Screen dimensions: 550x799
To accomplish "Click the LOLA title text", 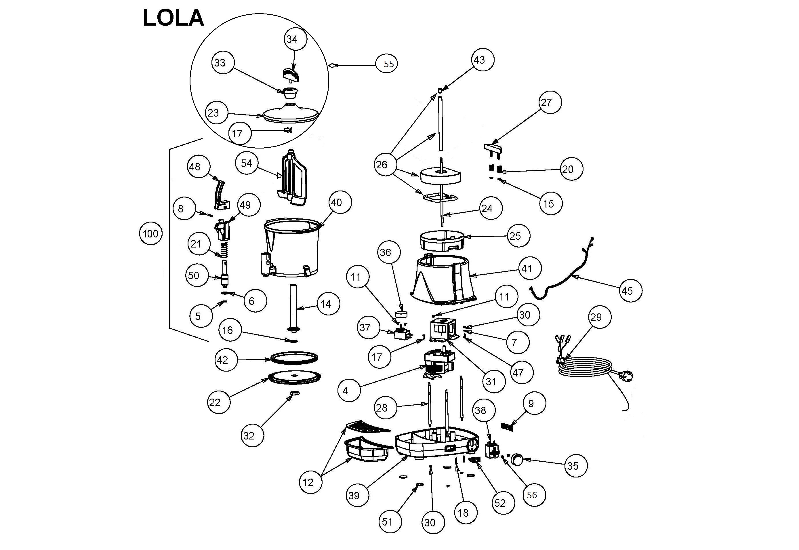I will point(173,18).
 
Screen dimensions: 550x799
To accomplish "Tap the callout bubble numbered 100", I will point(150,234).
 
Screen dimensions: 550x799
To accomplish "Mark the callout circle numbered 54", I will point(246,163).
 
